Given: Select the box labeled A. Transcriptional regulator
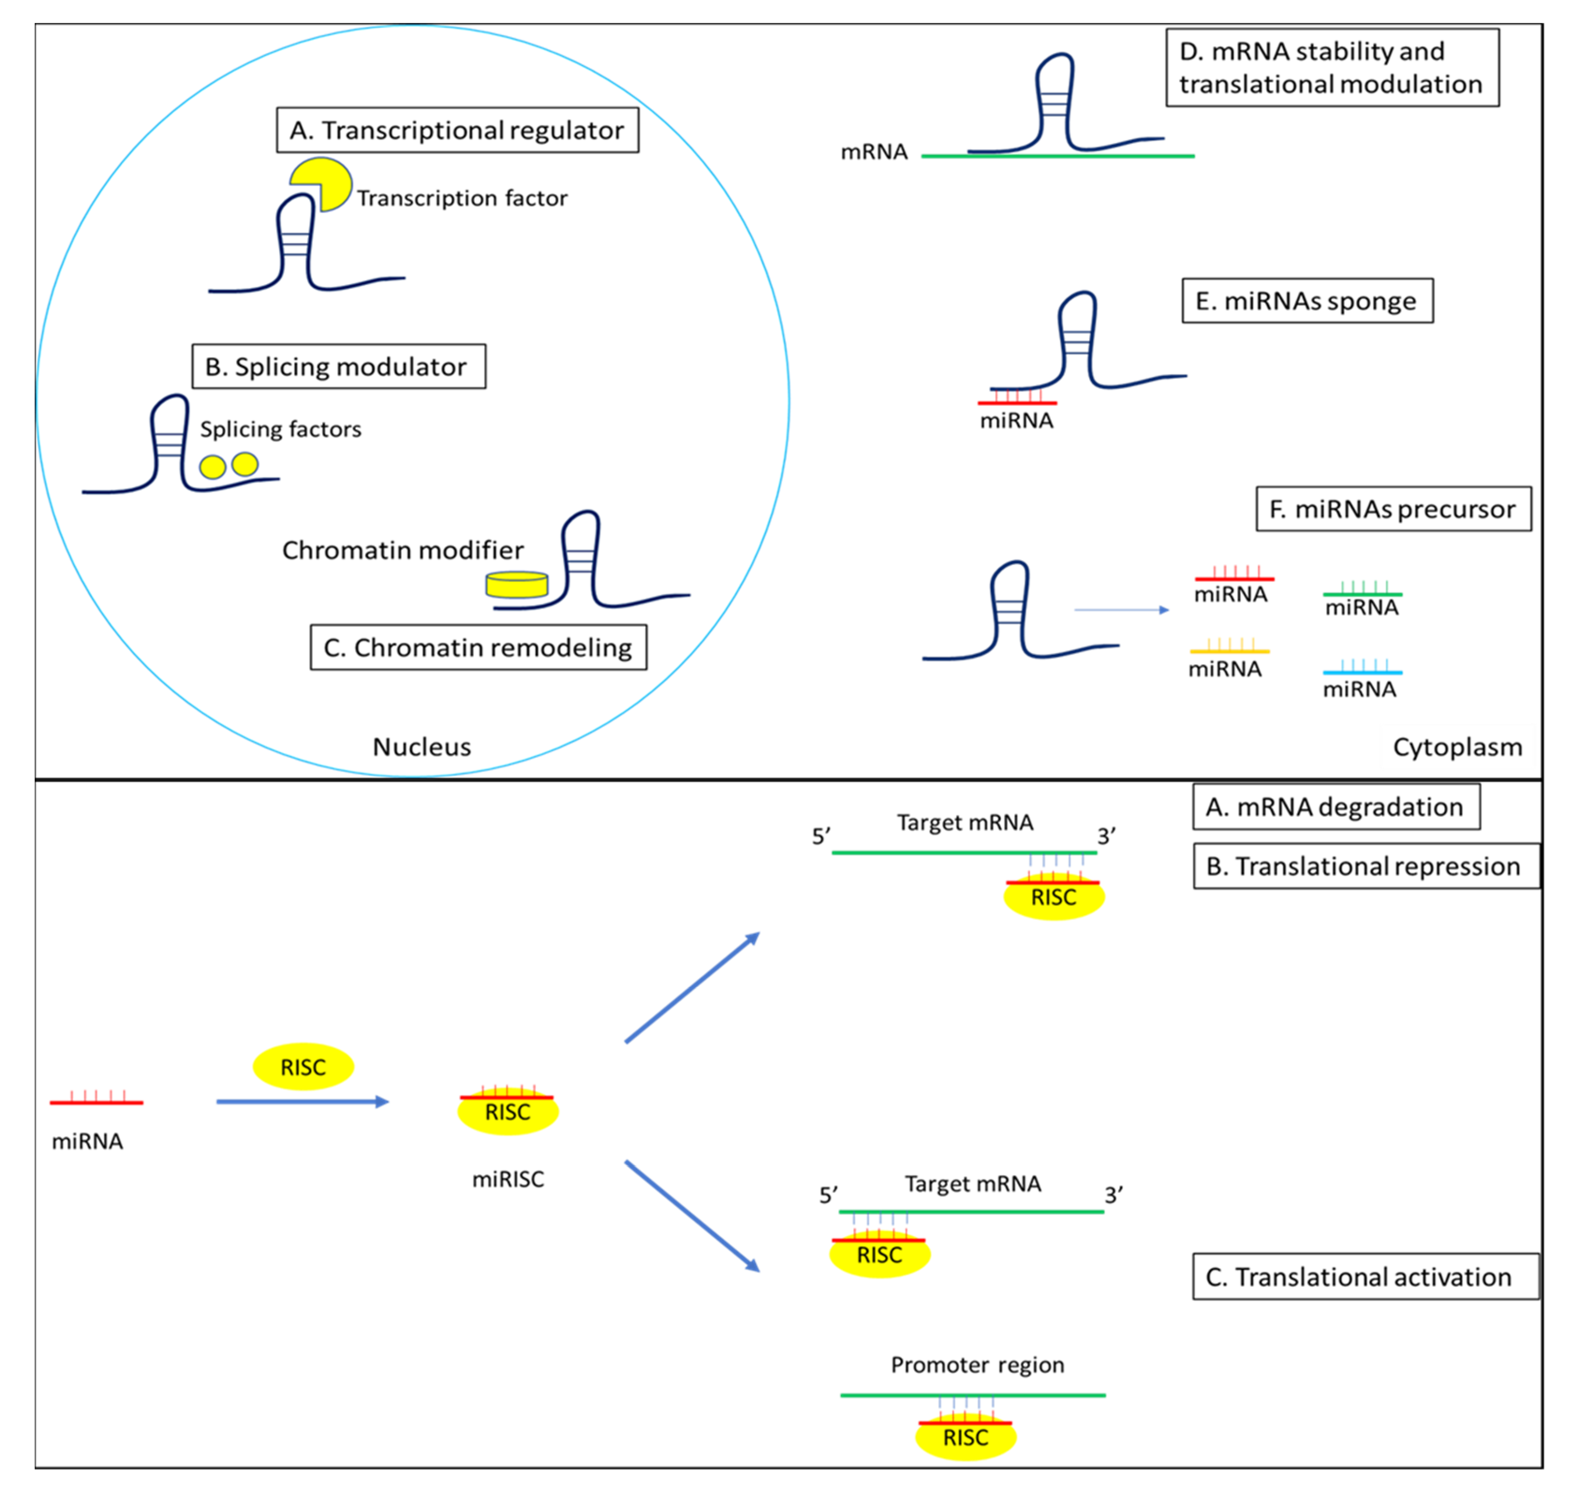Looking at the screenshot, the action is (x=457, y=130).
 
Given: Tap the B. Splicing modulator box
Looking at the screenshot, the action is (x=339, y=367).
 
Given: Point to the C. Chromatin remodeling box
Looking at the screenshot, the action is (x=478, y=647).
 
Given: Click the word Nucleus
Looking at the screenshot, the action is (x=421, y=747).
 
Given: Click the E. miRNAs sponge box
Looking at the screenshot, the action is (x=1307, y=301).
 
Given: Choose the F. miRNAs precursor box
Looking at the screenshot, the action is (x=1394, y=508).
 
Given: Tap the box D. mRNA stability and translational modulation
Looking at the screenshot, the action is (x=1333, y=68).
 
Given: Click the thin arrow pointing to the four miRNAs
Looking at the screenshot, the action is (x=1122, y=610).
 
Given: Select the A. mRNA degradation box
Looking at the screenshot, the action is (x=1336, y=806).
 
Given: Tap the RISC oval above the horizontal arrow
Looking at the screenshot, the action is (x=303, y=1066).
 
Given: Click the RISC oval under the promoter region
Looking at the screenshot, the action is (x=966, y=1437).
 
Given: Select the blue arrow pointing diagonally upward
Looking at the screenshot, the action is (x=693, y=987).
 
